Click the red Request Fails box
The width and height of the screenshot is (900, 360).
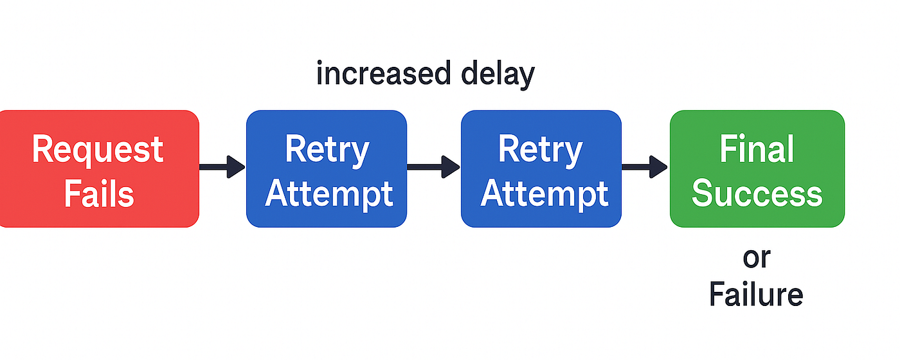[99, 168]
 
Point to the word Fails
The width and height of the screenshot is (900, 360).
[99, 194]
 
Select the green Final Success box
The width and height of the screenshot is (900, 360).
[757, 168]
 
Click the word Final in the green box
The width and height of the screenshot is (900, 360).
[757, 148]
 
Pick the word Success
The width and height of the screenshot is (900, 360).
[757, 194]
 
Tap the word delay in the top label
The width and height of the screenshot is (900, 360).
[498, 75]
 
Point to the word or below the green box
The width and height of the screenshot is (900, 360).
[757, 258]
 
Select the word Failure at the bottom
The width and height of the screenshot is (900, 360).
[756, 294]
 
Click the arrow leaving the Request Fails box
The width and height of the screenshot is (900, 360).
[222, 166]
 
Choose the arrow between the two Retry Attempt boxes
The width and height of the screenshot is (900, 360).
[433, 166]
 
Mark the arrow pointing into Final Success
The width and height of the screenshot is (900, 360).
[645, 166]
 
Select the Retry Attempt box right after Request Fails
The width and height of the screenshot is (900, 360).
[327, 168]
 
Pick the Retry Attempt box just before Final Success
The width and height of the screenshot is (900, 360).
[541, 168]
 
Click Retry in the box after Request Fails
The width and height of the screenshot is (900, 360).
[327, 151]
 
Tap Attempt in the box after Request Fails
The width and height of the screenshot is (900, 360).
[328, 195]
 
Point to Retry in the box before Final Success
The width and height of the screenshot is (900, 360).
[541, 151]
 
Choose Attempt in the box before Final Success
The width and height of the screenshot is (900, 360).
[544, 195]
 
